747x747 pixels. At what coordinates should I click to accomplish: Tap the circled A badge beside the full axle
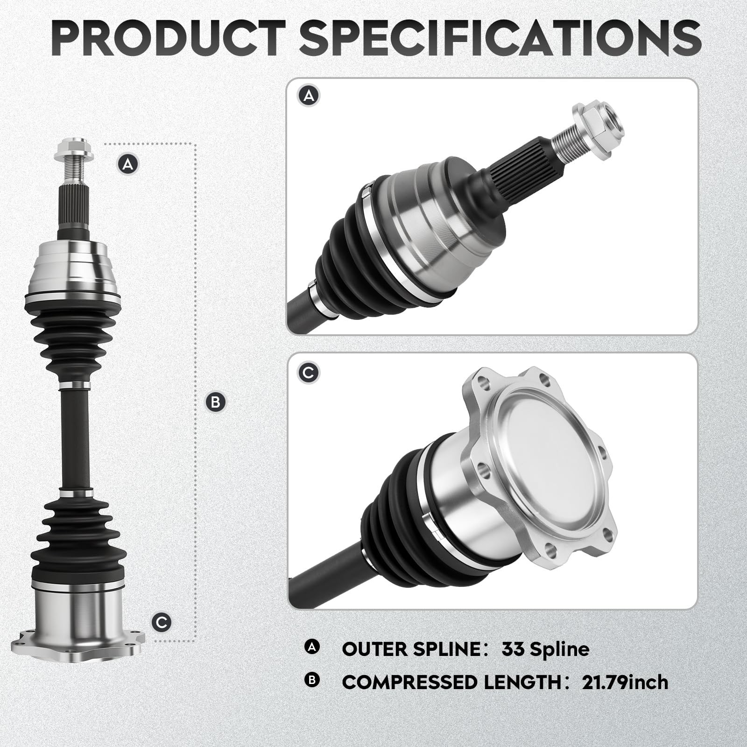(128, 164)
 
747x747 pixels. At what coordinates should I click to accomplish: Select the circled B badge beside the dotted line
(215, 402)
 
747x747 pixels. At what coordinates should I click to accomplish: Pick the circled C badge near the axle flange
(162, 622)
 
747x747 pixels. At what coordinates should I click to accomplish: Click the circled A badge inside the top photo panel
(309, 96)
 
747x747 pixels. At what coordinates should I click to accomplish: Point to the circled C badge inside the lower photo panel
(309, 373)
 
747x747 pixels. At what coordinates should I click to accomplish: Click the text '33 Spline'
(545, 649)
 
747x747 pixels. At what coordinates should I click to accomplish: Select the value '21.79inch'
(625, 683)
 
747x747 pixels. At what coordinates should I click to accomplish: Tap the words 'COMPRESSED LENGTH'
(451, 683)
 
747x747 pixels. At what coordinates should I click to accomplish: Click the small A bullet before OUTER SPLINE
(311, 647)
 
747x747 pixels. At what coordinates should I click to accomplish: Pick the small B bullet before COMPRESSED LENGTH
(311, 680)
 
